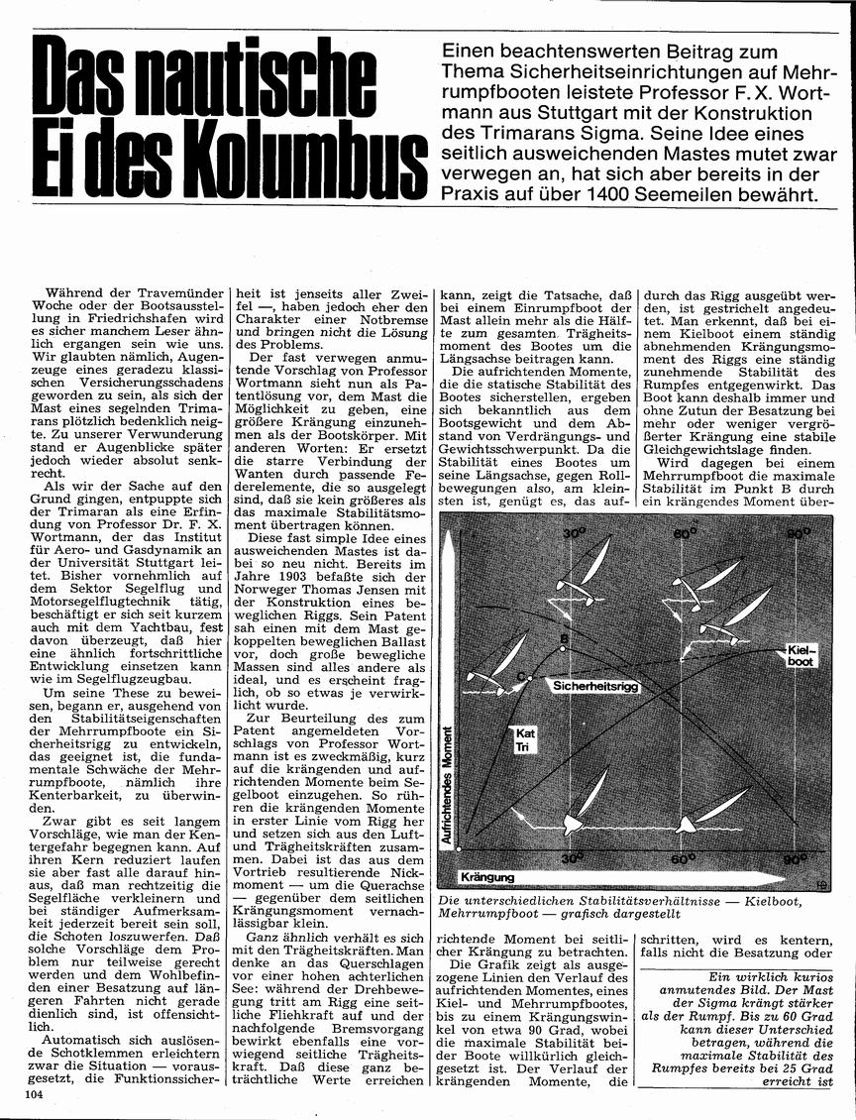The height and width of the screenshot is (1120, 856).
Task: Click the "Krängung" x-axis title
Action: click(487, 878)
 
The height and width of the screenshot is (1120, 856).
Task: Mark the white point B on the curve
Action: click(562, 650)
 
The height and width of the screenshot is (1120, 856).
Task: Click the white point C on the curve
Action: click(531, 678)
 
